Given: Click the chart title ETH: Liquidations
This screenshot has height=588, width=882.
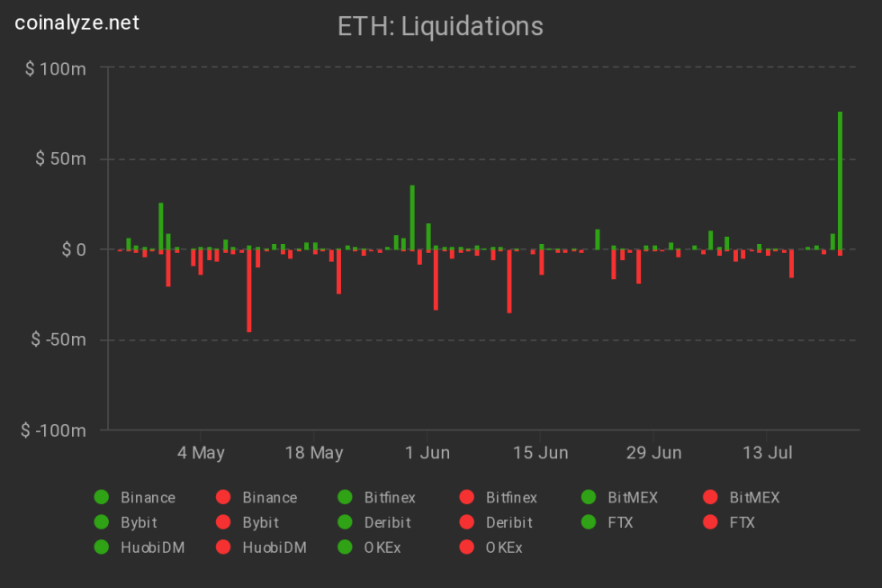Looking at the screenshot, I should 440,26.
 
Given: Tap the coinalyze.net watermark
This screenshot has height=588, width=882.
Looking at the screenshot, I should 77,23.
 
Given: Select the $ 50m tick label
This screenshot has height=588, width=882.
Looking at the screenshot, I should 60,159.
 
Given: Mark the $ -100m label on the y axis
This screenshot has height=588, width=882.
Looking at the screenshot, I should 53,430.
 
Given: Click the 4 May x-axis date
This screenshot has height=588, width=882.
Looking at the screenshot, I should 201,452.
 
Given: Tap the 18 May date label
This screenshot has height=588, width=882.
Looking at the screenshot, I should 314,452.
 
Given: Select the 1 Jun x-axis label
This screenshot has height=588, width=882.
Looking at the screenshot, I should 427,452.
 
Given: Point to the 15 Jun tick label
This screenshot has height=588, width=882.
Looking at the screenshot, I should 540,452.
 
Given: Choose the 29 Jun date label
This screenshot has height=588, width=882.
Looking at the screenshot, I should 654,452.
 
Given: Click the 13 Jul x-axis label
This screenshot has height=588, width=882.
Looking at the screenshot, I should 767,452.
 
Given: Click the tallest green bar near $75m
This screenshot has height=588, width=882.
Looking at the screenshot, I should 840,180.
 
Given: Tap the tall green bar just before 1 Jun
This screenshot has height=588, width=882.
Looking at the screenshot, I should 412,217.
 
